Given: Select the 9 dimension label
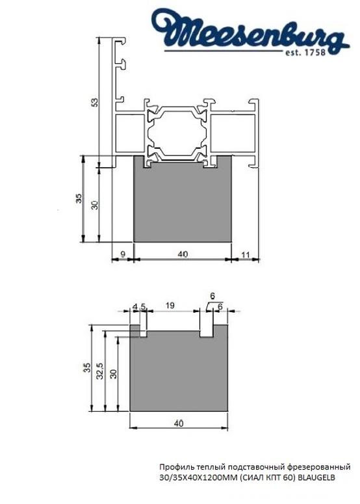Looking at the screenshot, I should [122, 254].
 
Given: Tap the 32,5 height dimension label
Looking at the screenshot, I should [100, 372].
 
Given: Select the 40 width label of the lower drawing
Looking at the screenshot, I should [179, 423].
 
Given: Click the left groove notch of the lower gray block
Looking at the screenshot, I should [144, 331].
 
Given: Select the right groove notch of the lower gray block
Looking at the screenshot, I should [207, 331].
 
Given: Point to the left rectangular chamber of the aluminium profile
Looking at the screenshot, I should [129, 135].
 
